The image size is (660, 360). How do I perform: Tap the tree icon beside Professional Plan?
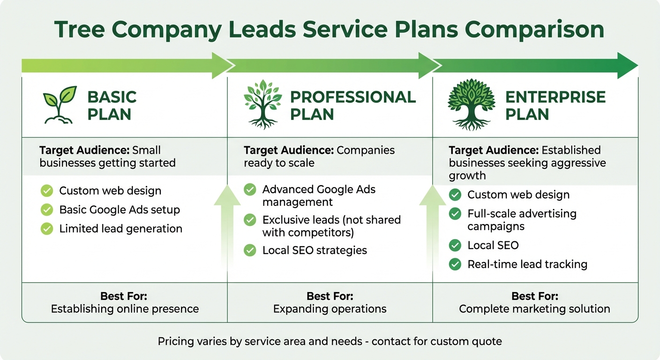(263, 104)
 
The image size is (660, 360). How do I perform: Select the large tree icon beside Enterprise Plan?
(471, 104)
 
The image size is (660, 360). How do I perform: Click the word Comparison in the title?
(534, 30)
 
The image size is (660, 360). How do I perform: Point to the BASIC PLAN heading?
(112, 105)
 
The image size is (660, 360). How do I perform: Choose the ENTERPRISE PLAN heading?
(555, 105)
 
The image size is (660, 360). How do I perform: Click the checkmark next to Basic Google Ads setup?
(47, 210)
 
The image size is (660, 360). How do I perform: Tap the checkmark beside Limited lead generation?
(47, 229)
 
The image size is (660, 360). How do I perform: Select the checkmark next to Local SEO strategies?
(250, 250)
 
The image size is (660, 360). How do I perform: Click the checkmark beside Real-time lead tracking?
(455, 264)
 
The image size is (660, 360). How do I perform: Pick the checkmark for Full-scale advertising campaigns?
(455, 214)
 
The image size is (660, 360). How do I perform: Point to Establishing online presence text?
(125, 309)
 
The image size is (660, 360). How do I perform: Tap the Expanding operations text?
(330, 309)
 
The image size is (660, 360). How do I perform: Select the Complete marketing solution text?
(534, 309)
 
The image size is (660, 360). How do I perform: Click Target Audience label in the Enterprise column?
(494, 150)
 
